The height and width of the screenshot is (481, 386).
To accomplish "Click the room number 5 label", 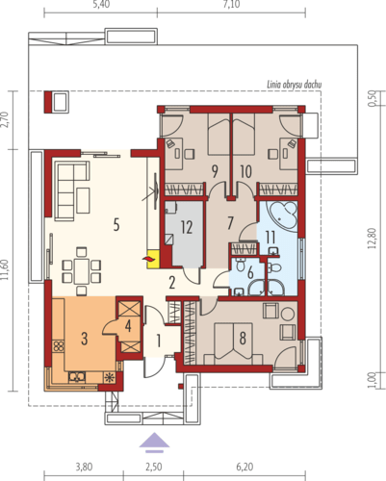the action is pos(116,224).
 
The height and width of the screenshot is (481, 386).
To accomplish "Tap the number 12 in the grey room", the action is pos(187,227).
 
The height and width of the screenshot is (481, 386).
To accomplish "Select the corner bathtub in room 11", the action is pos(284,215).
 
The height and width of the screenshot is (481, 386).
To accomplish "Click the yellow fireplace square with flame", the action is pos(153,259).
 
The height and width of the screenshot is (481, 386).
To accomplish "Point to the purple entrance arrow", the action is pos(154,443).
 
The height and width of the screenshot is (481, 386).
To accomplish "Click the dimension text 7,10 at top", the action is pos(231,5).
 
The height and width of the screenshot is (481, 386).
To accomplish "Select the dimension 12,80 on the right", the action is pos(372,239).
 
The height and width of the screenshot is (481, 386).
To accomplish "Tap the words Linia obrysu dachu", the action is pos(295,85).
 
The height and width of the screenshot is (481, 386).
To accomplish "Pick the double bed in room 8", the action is pos(233,343).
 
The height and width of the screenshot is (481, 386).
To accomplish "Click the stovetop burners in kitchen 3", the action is pos(59,346).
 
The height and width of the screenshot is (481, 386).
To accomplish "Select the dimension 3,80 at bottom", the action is pos(84,467).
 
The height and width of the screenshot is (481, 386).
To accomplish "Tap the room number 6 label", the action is pos(250,273).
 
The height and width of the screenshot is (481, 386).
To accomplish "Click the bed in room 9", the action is pos(219,135).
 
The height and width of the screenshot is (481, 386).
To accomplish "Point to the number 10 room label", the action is pos(245,171).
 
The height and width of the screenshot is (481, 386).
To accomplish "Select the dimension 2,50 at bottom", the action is pos(154,467).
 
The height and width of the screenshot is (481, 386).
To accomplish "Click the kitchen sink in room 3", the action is pos(77,377).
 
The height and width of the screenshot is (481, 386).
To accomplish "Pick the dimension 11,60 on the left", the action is pos(6,270).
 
